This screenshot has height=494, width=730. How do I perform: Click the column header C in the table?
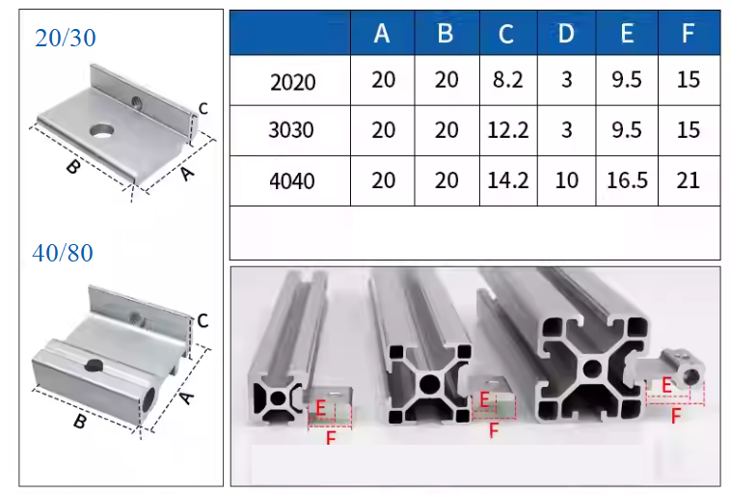click(x=506, y=34)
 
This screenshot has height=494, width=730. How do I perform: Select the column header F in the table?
click(x=689, y=34)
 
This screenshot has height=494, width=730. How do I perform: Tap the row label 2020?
click(x=293, y=82)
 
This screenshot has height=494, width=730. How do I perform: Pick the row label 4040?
click(x=292, y=180)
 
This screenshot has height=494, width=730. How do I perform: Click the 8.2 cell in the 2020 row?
click(x=508, y=80)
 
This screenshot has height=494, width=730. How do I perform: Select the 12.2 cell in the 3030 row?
click(x=508, y=130)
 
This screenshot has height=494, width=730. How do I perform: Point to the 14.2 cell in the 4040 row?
click(x=508, y=180)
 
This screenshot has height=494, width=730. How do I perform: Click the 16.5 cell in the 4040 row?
click(x=627, y=180)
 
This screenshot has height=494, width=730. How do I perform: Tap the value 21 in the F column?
click(x=689, y=180)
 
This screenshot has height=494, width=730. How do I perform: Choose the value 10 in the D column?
click(x=567, y=180)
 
